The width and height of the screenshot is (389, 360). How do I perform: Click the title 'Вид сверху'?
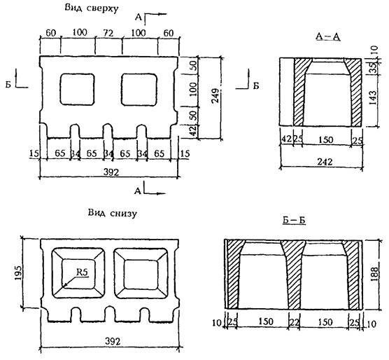click(92, 8)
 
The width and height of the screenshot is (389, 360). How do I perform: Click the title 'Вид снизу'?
click(113, 214)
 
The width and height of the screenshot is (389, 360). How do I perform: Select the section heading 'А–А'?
click(328, 36)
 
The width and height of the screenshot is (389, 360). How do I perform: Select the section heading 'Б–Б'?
click(294, 221)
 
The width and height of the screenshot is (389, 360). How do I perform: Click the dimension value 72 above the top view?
click(108, 33)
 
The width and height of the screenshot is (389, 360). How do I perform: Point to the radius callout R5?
click(82, 272)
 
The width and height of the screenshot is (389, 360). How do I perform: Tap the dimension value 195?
click(19, 273)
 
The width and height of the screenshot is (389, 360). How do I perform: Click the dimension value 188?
click(374, 274)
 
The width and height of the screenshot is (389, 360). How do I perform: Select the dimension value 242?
click(325, 162)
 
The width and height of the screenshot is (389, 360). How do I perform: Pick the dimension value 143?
click(373, 97)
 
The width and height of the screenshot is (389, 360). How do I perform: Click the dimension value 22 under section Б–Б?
click(295, 322)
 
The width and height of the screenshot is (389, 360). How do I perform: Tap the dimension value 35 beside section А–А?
click(374, 67)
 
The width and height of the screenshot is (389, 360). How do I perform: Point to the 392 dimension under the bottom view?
click(113, 341)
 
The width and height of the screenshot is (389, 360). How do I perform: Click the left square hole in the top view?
click(78, 89)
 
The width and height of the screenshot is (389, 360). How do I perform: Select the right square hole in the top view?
click(139, 89)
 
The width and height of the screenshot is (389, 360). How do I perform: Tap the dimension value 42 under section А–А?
click(287, 139)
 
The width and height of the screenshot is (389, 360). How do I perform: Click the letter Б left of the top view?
click(8, 85)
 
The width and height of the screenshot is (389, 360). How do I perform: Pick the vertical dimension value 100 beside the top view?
click(194, 90)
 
